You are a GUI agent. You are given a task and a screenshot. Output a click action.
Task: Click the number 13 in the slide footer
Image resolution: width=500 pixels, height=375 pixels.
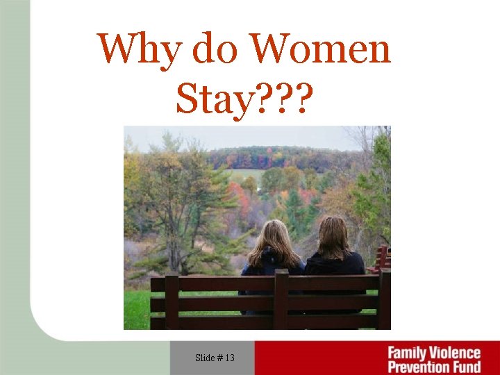[x=229, y=358]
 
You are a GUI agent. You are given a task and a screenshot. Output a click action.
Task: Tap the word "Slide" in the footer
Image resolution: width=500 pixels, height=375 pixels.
[x=205, y=358]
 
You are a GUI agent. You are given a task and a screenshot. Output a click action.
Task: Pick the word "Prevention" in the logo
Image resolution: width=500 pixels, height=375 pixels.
[x=419, y=367]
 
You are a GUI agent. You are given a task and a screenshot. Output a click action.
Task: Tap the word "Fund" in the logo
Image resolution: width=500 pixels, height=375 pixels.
[x=466, y=367]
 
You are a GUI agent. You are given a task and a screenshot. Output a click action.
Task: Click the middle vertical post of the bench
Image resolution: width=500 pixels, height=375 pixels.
[x=281, y=299]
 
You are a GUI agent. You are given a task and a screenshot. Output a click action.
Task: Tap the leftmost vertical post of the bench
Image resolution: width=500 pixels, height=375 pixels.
[x=172, y=301]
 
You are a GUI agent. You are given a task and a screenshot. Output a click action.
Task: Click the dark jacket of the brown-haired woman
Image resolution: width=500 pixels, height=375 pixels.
[x=335, y=265]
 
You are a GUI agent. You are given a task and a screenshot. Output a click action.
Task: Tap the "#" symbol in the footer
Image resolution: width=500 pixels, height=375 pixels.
[x=220, y=358]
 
